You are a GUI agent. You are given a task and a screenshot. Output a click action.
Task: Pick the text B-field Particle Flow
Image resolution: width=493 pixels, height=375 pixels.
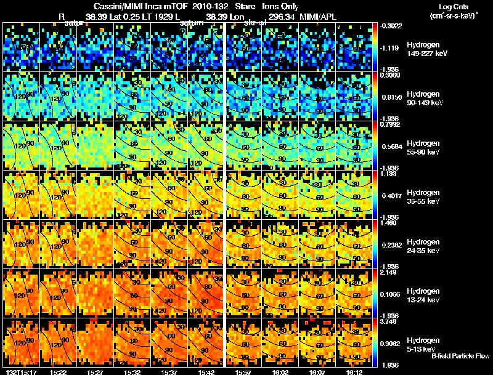[460, 356]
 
